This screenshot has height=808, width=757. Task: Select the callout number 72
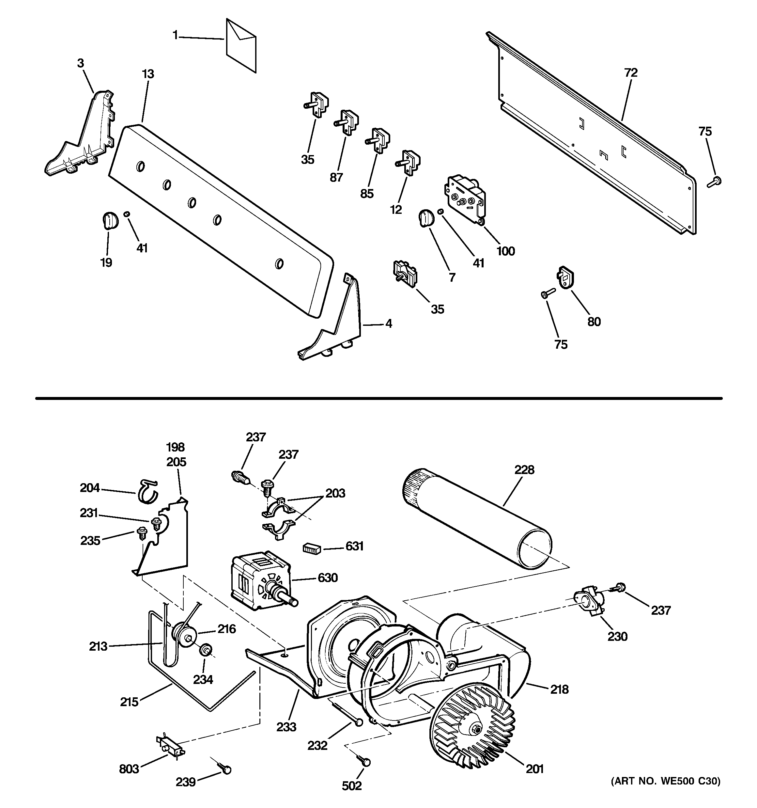[631, 73]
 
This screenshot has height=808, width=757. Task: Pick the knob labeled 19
[109, 220]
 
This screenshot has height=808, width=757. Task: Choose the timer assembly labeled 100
[466, 198]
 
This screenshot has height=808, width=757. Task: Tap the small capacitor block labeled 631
[312, 549]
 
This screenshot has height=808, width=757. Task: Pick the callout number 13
[148, 74]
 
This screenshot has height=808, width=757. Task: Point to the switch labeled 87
[347, 122]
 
